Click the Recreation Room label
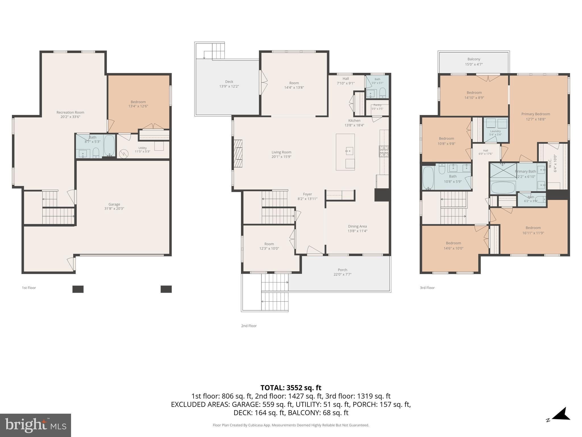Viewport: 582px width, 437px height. (x=70, y=112)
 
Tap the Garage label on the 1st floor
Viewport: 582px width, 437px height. (x=114, y=204)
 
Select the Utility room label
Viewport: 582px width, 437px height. (x=143, y=148)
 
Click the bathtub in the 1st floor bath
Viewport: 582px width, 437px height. (x=109, y=145)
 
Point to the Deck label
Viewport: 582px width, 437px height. (x=229, y=82)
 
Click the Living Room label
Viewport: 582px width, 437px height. (x=281, y=152)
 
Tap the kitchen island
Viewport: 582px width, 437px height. (x=345, y=152)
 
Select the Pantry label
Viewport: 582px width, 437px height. (x=377, y=105)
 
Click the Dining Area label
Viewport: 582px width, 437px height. (x=357, y=226)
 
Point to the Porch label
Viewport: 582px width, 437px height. (x=342, y=270)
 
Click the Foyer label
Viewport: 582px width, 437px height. (x=307, y=194)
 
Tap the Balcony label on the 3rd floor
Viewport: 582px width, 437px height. (x=474, y=59)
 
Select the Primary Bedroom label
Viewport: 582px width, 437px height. (x=536, y=114)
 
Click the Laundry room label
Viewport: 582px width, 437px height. (x=495, y=131)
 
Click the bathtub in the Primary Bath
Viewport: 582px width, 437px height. (x=503, y=187)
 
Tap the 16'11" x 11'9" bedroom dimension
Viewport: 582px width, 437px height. (x=533, y=233)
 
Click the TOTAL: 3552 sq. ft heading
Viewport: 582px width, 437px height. (x=291, y=388)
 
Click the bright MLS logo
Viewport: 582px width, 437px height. (x=36, y=425)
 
